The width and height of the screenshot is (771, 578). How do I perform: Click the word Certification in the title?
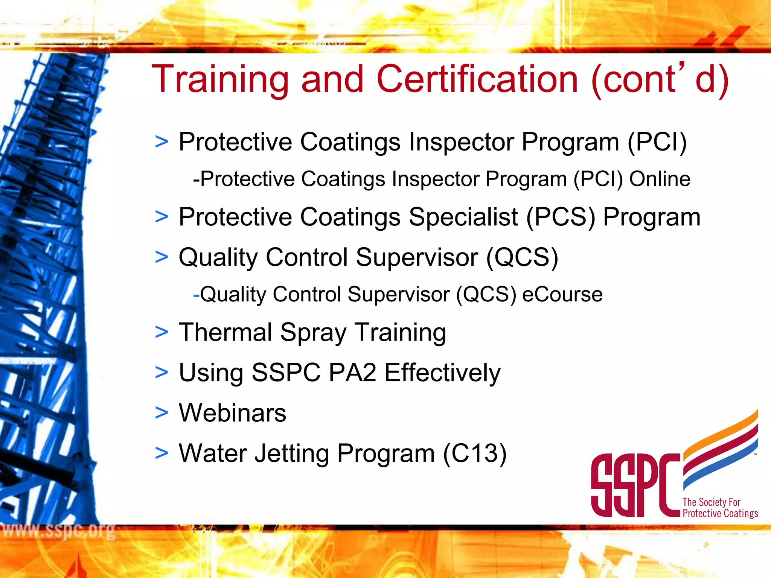tap(477, 79)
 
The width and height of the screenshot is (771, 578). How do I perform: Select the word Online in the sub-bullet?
tap(660, 179)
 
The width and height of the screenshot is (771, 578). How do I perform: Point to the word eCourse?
tap(562, 294)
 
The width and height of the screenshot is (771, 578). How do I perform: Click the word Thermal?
tap(226, 332)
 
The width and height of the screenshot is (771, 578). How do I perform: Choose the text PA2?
tap(352, 373)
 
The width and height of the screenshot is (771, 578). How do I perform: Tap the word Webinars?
tap(232, 413)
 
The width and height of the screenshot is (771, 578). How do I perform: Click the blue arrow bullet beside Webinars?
tap(162, 413)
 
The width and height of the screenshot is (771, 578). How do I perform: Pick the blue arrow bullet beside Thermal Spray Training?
tap(162, 332)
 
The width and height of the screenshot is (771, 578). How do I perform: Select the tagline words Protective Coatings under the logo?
tap(720, 514)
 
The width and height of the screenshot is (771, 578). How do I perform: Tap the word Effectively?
tap(442, 373)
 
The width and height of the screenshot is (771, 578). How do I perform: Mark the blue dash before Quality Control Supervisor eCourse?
tap(196, 295)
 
